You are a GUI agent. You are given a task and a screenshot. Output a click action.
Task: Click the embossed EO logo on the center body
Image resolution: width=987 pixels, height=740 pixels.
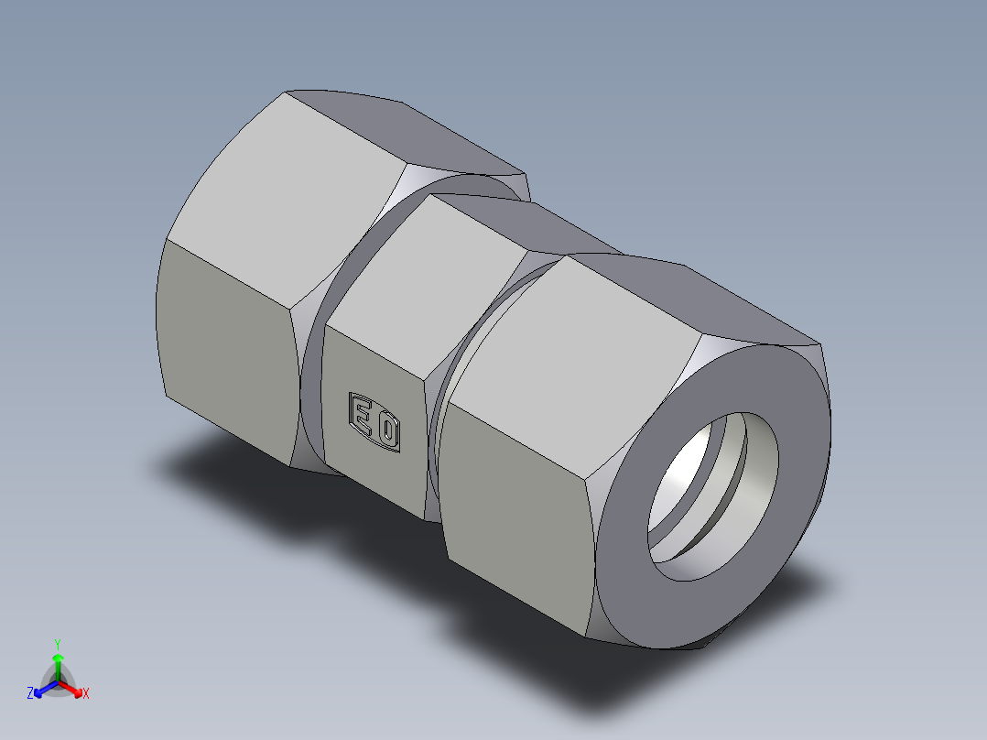pyautogui.click(x=374, y=422)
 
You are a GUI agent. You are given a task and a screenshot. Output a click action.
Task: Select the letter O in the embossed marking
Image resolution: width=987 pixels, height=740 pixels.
pyautogui.click(x=387, y=429)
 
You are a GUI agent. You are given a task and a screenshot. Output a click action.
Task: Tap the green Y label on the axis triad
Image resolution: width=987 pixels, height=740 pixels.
pyautogui.click(x=58, y=644)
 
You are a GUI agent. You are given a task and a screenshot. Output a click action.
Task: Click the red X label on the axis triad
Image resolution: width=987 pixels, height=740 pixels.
pyautogui.click(x=86, y=693)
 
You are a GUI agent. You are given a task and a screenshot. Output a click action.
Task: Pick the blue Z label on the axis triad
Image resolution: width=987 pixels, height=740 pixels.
pyautogui.click(x=30, y=693)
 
